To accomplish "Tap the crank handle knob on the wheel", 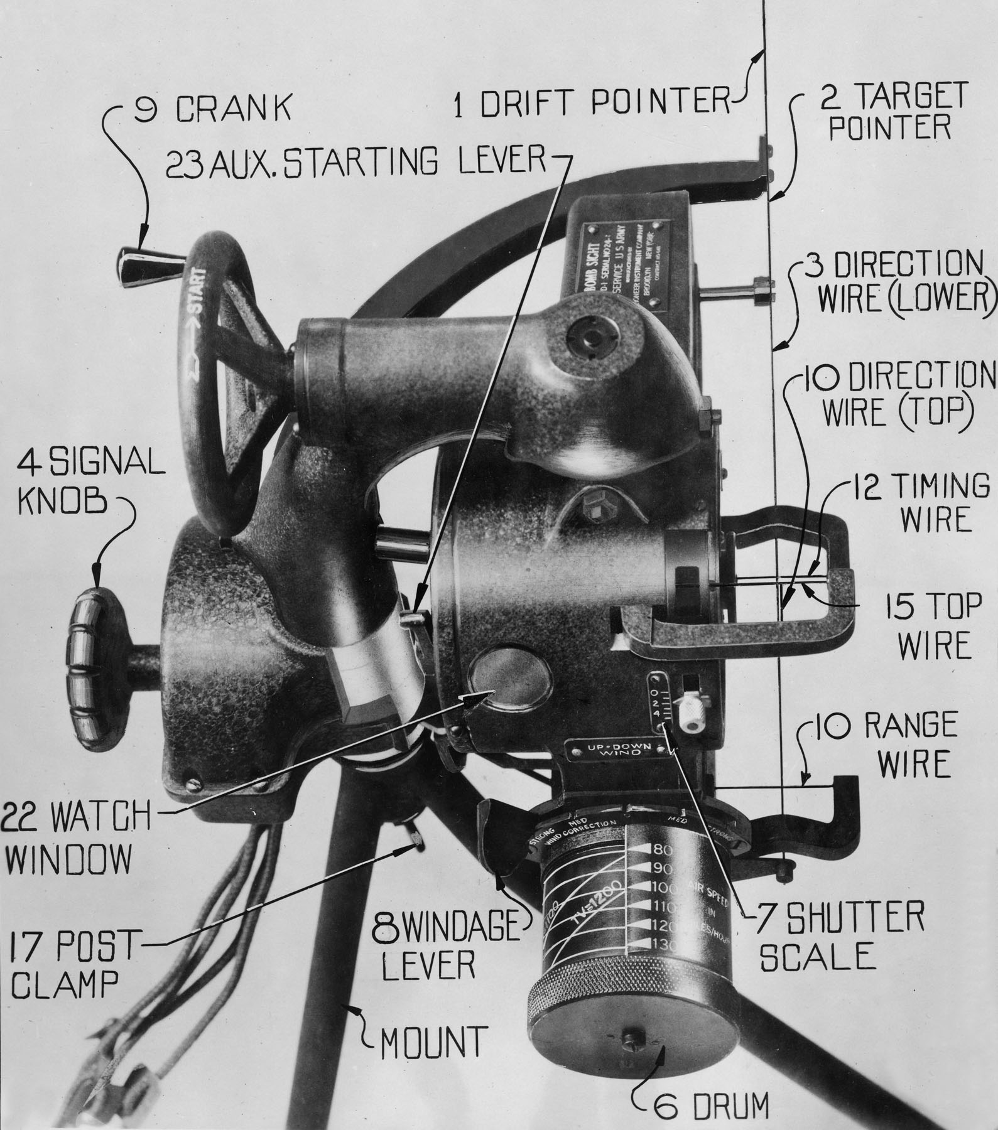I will [139, 267].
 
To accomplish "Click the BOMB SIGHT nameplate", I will [622, 264].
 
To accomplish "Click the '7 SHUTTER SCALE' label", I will [842, 937].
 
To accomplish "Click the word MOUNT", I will [433, 1041].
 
